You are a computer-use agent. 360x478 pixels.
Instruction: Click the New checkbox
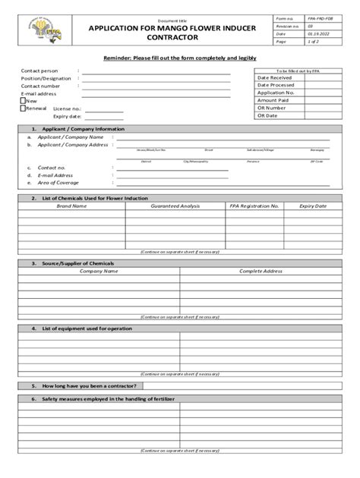[23, 100]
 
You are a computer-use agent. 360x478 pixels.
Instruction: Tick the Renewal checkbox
[23, 108]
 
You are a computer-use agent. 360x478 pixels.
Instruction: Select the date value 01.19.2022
[318, 33]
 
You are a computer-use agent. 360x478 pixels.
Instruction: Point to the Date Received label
[274, 77]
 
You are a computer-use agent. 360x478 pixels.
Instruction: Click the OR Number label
[271, 108]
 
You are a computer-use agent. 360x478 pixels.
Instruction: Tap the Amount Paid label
[273, 100]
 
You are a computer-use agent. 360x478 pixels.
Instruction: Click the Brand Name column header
[71, 206]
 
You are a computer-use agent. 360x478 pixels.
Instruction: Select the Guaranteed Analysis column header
[175, 206]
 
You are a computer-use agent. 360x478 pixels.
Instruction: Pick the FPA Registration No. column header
[254, 206]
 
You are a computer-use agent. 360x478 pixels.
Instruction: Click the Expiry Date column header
[312, 206]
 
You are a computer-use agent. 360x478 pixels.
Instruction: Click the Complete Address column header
[261, 271]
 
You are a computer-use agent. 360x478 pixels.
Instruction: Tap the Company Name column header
[99, 271]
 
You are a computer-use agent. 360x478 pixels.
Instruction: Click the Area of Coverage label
[58, 183]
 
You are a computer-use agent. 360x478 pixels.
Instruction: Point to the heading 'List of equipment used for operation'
[87, 329]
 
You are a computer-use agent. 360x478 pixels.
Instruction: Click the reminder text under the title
[179, 58]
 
